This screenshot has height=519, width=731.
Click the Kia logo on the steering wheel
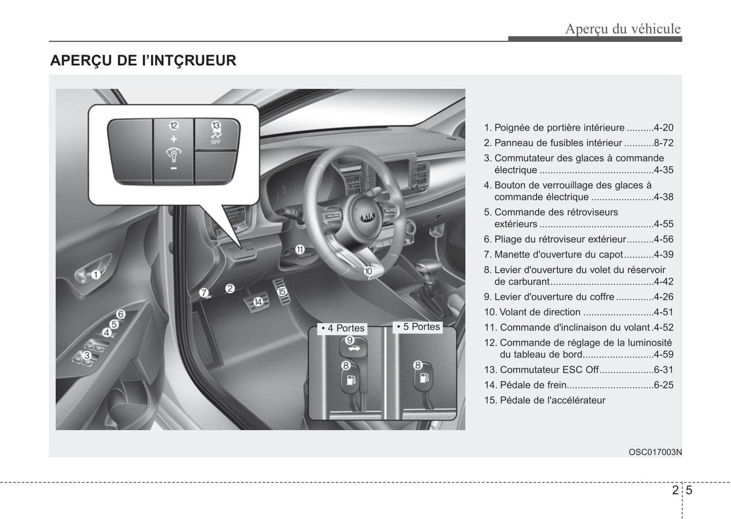coord(368,217)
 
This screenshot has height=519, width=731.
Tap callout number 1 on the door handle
coord(96,275)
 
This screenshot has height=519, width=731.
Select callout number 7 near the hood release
coord(204,293)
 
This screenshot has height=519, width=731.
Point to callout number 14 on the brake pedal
coord(258,302)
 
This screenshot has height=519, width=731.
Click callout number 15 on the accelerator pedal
coord(282,291)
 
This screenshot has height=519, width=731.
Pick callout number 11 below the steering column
coord(300,250)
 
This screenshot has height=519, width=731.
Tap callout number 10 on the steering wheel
coord(368,271)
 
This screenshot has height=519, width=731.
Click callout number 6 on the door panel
coord(121,314)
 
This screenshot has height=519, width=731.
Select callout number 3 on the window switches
coord(87,355)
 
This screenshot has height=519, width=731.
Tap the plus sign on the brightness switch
coord(174,139)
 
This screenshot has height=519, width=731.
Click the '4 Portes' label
coord(342,328)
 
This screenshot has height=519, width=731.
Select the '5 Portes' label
coord(418,327)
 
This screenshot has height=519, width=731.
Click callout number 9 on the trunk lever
coord(350,340)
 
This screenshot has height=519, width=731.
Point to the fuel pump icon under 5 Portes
coord(424,378)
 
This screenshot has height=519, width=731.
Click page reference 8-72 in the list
coord(663,143)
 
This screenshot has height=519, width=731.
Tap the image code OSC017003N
coord(655,452)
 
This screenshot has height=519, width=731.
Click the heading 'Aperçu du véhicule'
coord(623,29)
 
